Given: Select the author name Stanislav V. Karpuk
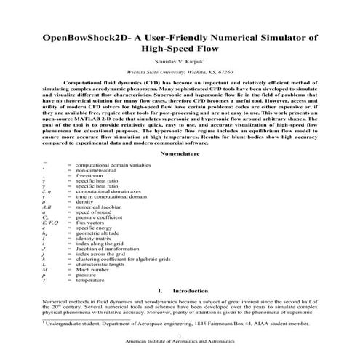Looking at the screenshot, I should (x=179, y=63).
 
